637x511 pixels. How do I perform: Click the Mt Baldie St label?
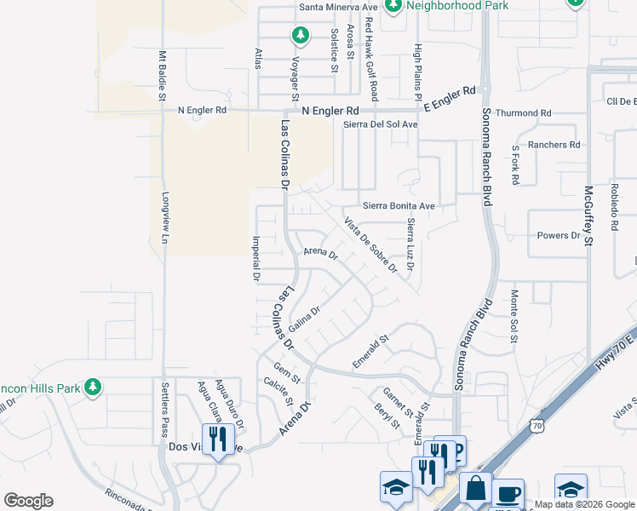point(160,76)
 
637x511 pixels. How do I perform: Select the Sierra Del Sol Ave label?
point(381,124)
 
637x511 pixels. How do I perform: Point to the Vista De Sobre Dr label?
point(370,244)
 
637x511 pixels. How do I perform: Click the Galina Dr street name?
point(303,321)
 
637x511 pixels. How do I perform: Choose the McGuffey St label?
point(588,217)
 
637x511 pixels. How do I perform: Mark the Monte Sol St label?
point(514,316)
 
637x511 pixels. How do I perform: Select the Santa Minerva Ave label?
point(337,7)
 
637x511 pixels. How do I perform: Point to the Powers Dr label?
point(558,236)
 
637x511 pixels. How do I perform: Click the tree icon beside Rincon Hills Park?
point(92,388)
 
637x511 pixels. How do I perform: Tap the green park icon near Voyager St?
point(300,35)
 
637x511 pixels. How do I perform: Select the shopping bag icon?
point(476,489)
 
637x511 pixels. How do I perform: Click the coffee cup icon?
point(509,494)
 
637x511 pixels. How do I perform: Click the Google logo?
point(29,501)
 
